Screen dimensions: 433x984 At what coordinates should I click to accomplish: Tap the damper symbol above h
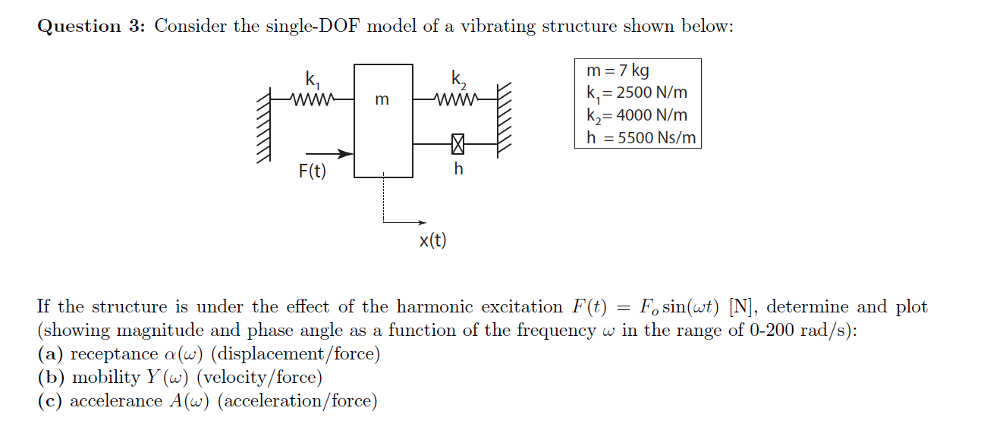(x=457, y=143)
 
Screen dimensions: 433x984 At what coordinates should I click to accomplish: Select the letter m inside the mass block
(x=382, y=99)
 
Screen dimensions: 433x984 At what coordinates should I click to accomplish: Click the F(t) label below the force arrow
(x=312, y=171)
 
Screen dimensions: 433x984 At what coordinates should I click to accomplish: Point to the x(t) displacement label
(x=433, y=241)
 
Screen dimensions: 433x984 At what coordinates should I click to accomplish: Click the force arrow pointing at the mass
(x=326, y=154)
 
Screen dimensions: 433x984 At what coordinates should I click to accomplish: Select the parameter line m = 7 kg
(x=618, y=71)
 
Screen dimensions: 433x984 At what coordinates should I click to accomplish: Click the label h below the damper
(x=457, y=169)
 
